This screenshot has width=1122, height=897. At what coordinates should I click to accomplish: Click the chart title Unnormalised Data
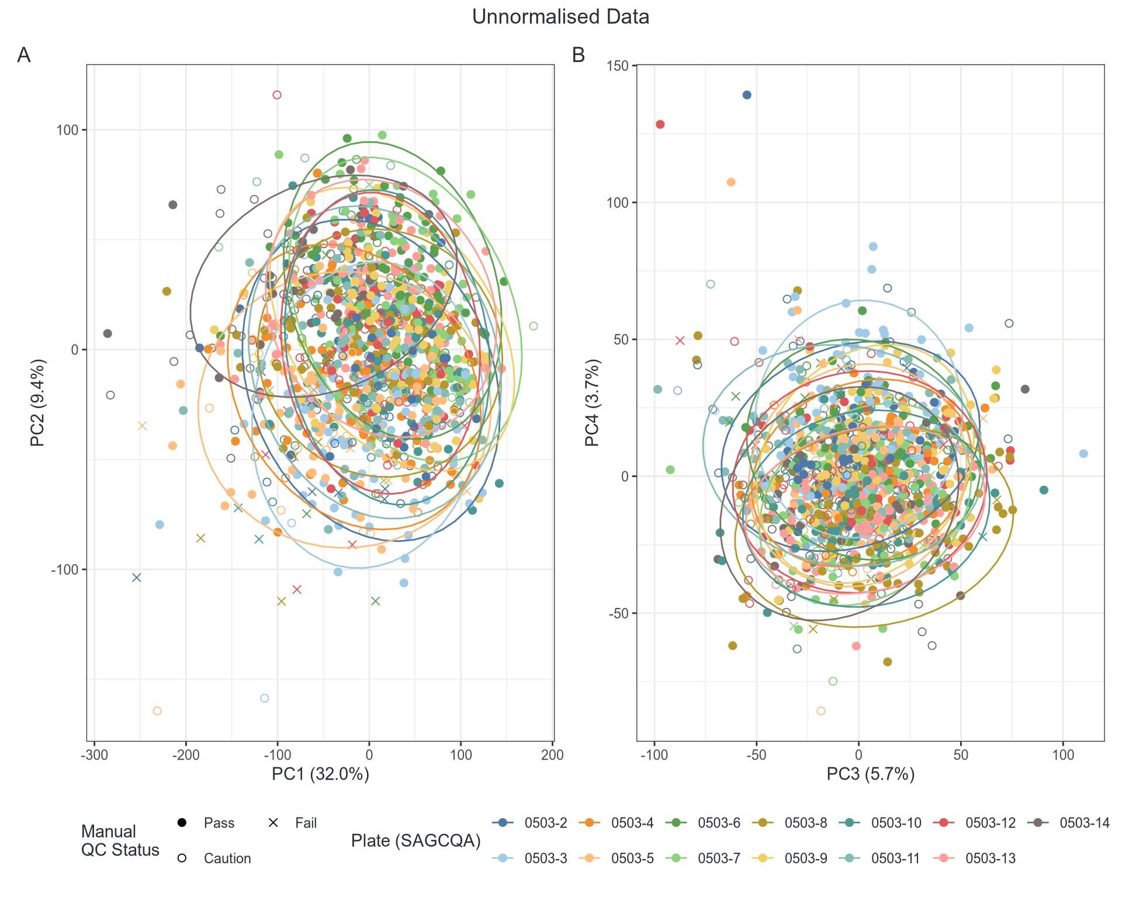(x=560, y=17)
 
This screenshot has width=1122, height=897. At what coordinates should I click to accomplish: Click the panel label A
(x=23, y=55)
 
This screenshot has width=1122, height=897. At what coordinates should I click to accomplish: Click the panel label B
(x=579, y=55)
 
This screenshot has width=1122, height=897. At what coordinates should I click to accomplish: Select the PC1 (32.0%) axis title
(x=320, y=774)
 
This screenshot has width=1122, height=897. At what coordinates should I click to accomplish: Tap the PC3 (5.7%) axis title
(x=870, y=774)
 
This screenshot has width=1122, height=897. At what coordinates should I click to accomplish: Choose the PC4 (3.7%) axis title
(x=593, y=403)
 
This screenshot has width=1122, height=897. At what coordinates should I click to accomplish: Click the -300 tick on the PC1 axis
(x=94, y=755)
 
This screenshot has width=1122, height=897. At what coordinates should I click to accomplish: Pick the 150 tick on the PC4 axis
(x=618, y=66)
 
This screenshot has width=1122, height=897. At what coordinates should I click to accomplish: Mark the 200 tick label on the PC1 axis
(x=552, y=755)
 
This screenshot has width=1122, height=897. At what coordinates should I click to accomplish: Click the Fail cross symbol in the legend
(x=273, y=823)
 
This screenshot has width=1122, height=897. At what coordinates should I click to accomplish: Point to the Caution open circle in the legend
(x=182, y=858)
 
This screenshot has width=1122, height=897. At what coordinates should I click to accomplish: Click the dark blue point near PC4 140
(x=747, y=95)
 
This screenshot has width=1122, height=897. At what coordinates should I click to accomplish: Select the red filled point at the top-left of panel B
(x=660, y=124)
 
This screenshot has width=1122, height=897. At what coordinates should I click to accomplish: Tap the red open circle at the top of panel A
(x=277, y=95)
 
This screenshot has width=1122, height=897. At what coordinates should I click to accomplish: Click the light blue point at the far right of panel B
(x=1083, y=454)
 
